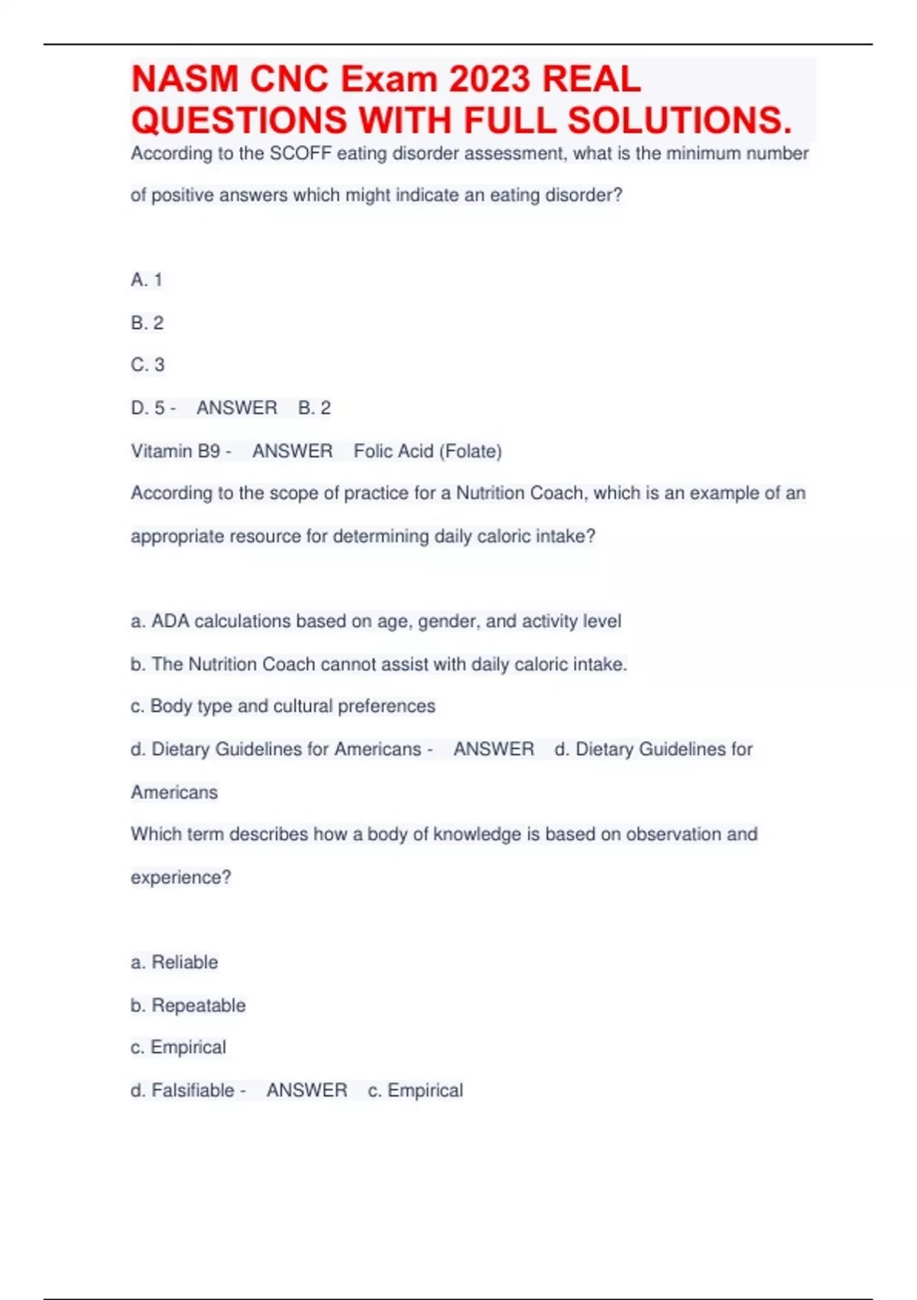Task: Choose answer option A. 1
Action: click(147, 280)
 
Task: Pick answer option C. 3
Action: click(147, 365)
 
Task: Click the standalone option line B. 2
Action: click(147, 323)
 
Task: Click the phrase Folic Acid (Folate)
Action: click(427, 451)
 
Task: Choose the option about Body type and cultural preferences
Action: click(284, 706)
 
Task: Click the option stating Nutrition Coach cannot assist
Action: click(379, 664)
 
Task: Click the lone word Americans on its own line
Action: click(174, 792)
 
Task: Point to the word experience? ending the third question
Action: click(180, 877)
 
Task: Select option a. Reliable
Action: click(175, 962)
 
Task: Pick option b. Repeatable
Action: click(189, 1005)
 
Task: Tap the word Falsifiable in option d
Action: click(193, 1090)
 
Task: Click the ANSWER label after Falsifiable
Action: click(306, 1090)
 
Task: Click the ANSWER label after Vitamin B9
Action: click(293, 451)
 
